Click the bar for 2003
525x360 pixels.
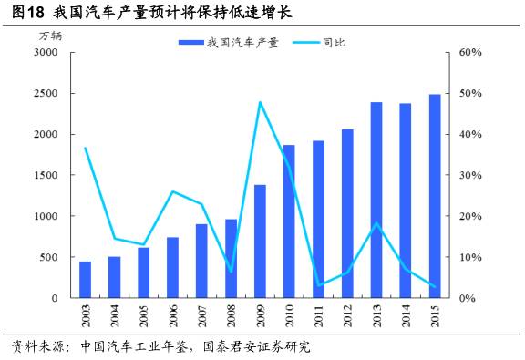click(85, 280)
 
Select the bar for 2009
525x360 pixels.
click(260, 242)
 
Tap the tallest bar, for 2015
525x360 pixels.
click(435, 196)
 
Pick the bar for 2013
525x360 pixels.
click(376, 201)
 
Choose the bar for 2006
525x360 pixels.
click(172, 268)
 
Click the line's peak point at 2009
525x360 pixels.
click(260, 102)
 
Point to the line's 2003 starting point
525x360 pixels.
click(85, 148)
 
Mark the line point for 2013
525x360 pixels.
click(376, 223)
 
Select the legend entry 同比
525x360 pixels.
click(334, 42)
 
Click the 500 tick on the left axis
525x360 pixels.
click(48, 258)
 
